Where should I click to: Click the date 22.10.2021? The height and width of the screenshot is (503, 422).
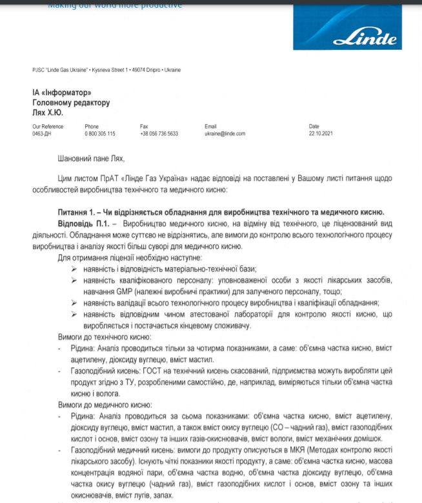[320, 133]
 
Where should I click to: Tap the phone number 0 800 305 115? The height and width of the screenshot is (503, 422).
[100, 133]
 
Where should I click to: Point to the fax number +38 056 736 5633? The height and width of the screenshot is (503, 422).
[159, 133]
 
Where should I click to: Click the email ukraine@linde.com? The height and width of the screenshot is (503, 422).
[225, 133]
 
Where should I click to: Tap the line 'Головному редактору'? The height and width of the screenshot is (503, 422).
[71, 102]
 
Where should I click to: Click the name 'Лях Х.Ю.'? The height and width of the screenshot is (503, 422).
[49, 112]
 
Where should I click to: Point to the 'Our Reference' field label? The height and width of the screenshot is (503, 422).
[48, 126]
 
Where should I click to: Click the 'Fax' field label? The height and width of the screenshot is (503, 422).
[144, 126]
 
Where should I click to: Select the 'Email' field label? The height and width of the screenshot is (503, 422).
[211, 126]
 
